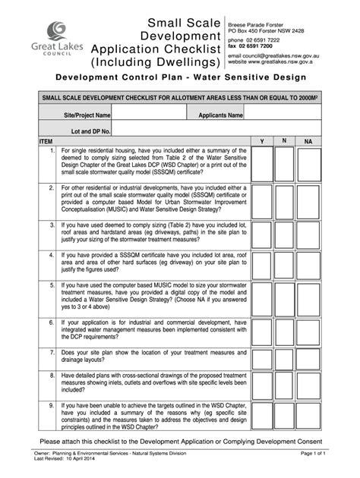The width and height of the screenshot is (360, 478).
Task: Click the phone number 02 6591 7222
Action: (261, 39)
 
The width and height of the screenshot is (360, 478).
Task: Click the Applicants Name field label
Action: (220, 115)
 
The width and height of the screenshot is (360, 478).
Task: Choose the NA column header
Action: (308, 142)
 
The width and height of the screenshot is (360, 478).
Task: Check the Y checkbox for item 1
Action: (263, 164)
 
